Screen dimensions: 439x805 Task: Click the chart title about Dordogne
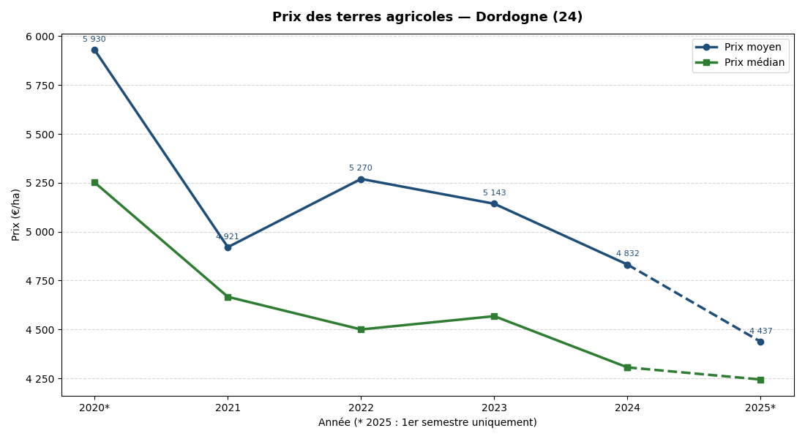click(x=427, y=17)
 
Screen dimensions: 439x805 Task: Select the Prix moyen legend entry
click(x=752, y=47)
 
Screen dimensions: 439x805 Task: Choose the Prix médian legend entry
click(x=754, y=63)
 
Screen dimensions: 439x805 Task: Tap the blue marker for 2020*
click(x=94, y=50)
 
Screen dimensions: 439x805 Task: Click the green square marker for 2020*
click(x=94, y=182)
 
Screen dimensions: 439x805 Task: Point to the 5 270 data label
click(x=360, y=168)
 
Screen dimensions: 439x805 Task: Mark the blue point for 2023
click(x=494, y=203)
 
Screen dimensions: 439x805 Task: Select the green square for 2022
click(x=361, y=329)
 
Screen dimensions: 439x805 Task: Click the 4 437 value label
click(x=760, y=331)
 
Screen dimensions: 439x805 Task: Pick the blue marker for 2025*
click(x=760, y=342)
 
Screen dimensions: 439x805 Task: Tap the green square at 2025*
click(x=760, y=380)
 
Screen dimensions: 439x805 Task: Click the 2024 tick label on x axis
click(x=627, y=408)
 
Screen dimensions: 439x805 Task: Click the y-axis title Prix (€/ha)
click(x=16, y=214)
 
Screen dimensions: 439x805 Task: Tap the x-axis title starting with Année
click(x=427, y=423)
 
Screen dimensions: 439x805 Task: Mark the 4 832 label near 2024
click(x=627, y=254)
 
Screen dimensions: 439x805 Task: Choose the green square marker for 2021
click(x=228, y=297)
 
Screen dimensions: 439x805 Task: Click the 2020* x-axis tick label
click(x=94, y=408)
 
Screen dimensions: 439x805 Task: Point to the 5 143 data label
click(x=494, y=193)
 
